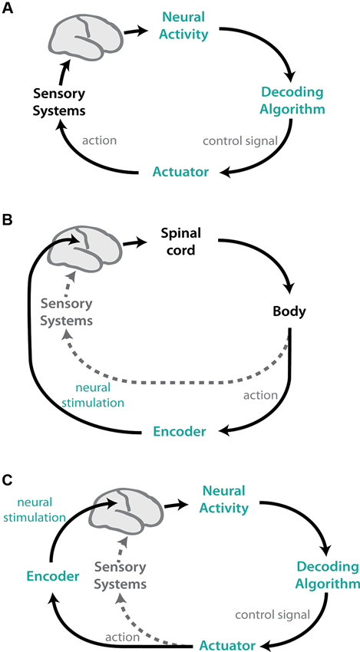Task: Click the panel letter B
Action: [x=9, y=222]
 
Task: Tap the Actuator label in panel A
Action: [x=180, y=172]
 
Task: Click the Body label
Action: [x=291, y=312]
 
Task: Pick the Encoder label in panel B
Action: [x=177, y=432]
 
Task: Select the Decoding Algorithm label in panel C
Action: [x=326, y=576]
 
